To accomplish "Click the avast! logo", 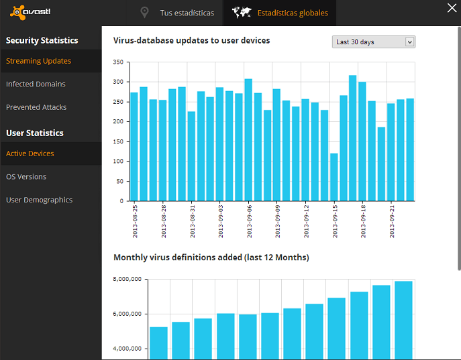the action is tap(30, 12).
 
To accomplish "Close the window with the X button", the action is tap(452, 8).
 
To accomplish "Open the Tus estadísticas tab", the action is tap(187, 13).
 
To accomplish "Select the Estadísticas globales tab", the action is tap(293, 13).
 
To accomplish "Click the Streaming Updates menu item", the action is tap(38, 61).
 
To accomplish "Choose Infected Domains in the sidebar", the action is tap(36, 84).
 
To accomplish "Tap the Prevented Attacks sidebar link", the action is tap(36, 107).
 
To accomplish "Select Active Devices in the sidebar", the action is tap(30, 154).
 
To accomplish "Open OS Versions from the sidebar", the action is tap(26, 177).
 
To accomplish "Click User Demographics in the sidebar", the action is tap(40, 200).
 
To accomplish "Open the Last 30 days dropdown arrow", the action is tap(409, 42).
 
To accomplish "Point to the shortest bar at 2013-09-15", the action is tap(334, 177).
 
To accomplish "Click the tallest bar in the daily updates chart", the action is tap(353, 138).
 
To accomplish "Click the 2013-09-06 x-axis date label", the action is tap(250, 221).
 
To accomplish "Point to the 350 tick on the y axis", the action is tap(118, 62).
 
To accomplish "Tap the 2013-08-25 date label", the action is tap(135, 221).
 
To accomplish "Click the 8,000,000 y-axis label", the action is tap(127, 279).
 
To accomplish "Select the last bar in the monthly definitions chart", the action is tap(403, 320).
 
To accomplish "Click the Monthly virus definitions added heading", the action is tap(211, 257).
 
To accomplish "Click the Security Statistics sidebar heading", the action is tap(42, 40).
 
